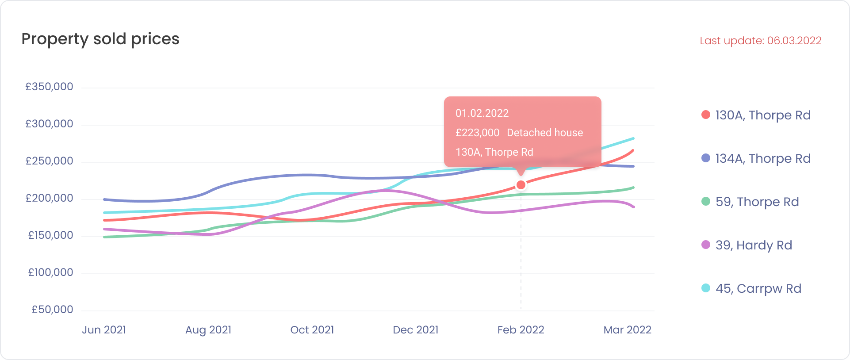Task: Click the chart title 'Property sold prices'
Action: (x=100, y=39)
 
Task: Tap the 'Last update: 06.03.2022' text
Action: (x=760, y=41)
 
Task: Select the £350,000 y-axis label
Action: (x=49, y=87)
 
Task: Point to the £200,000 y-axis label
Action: (x=49, y=198)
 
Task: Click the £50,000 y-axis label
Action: (x=52, y=310)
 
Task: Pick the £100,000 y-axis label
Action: (x=50, y=272)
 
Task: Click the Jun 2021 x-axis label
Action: (x=104, y=330)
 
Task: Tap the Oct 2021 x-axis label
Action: (x=312, y=330)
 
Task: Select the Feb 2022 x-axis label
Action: (x=521, y=330)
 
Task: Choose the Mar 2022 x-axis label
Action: (x=627, y=330)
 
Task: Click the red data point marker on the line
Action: (x=521, y=185)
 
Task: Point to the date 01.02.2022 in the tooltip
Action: (x=482, y=113)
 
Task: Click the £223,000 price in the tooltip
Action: (x=477, y=133)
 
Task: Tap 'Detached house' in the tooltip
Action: (x=545, y=133)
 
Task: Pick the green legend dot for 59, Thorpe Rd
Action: (x=706, y=202)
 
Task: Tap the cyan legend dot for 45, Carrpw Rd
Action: (x=706, y=288)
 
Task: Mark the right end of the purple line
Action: (x=634, y=207)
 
